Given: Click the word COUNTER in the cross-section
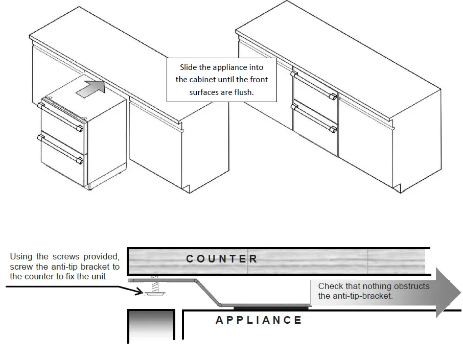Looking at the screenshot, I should click(x=221, y=259).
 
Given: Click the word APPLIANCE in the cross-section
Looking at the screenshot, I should click(x=259, y=321).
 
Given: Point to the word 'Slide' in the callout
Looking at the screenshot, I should click(x=189, y=67).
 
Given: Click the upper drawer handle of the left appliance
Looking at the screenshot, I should click(x=60, y=116).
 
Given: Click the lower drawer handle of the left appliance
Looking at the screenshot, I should click(x=60, y=149).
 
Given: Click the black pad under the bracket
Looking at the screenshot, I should click(x=271, y=308).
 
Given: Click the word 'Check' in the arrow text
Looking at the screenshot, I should click(x=330, y=286).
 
